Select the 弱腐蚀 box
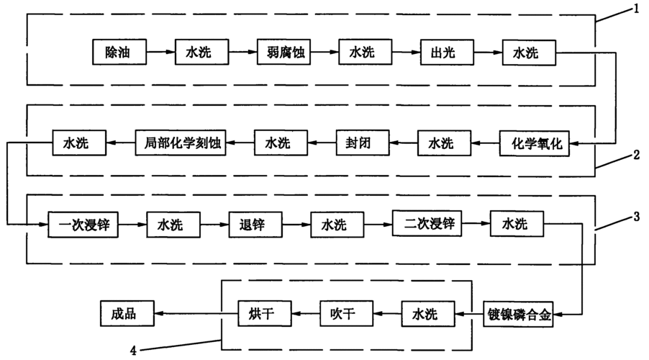[284, 53]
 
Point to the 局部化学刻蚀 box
[181, 143]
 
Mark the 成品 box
[126, 314]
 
